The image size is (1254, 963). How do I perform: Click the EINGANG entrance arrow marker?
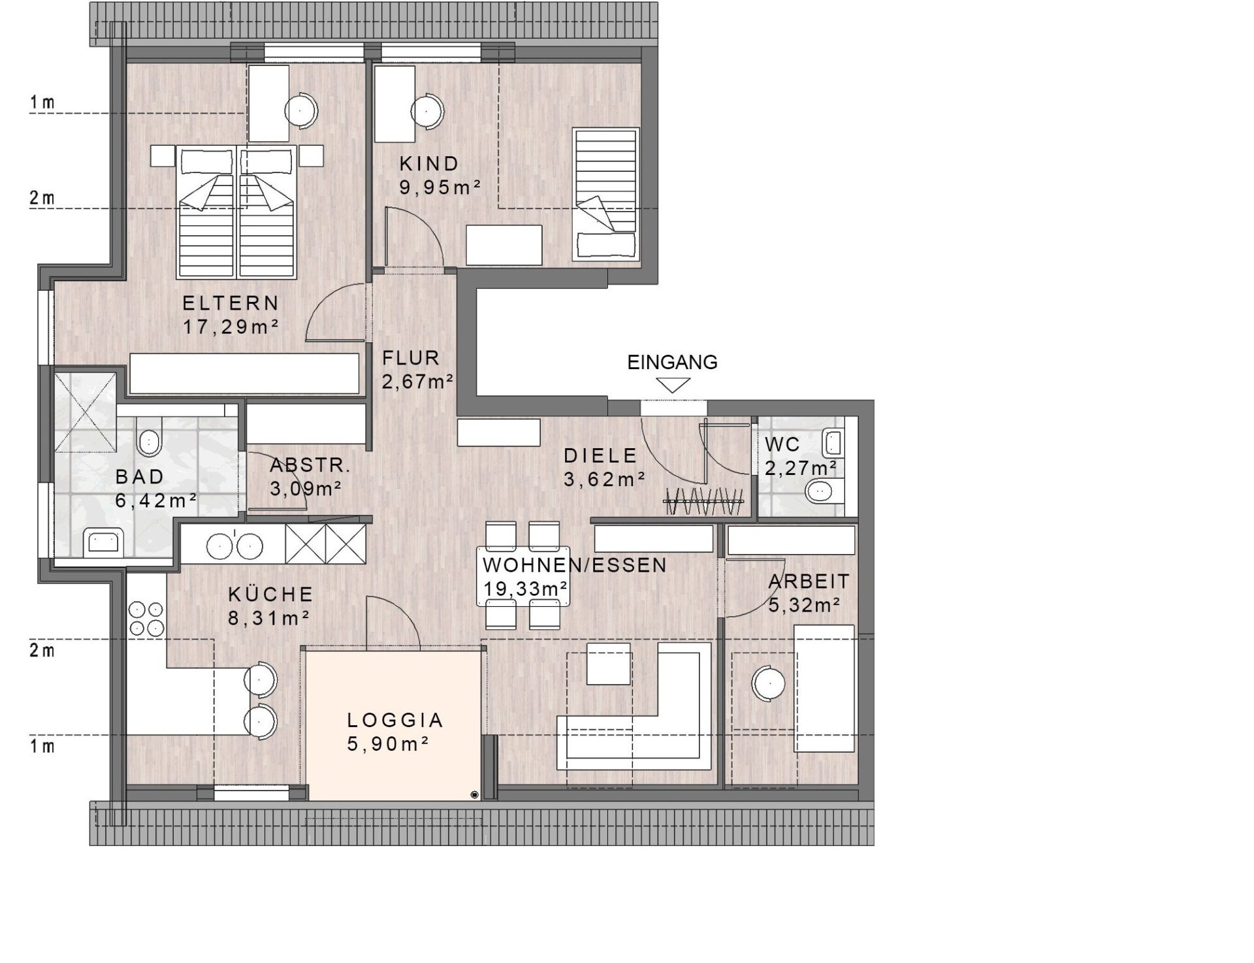tap(672, 385)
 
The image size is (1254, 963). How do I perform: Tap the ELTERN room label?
tap(231, 303)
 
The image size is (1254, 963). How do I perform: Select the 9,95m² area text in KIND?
tap(440, 188)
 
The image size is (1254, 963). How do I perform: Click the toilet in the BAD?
tap(150, 442)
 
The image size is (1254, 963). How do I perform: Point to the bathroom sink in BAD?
tap(103, 542)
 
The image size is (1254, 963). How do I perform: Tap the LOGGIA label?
tap(395, 720)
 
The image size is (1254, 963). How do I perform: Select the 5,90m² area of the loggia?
tap(388, 744)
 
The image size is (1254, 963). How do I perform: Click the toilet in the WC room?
tap(824, 491)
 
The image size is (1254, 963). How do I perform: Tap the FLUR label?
tap(411, 358)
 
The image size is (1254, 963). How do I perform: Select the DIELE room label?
tap(600, 455)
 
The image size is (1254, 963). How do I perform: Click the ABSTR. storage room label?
tap(310, 465)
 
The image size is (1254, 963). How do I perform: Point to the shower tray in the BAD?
tap(86, 411)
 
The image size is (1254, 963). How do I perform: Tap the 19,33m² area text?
tap(525, 589)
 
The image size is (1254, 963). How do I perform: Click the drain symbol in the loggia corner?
tap(474, 794)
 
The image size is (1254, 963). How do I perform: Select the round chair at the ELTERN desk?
tap(300, 109)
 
